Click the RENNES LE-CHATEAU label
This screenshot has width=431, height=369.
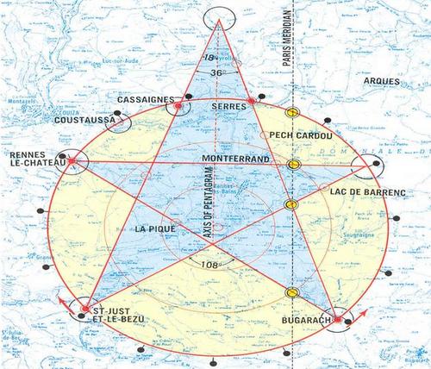[x=32, y=161]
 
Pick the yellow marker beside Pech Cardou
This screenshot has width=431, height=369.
[x=292, y=113]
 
